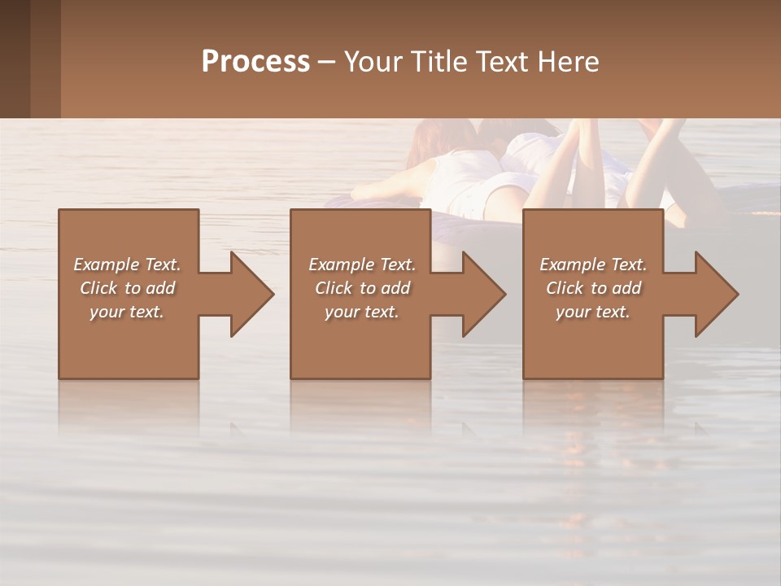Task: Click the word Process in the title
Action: tap(255, 62)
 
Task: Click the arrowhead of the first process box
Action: tap(251, 294)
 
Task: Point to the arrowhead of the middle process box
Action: tap(483, 294)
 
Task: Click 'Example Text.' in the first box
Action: tap(127, 265)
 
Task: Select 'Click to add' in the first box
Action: tap(127, 288)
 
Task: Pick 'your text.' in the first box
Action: tap(127, 312)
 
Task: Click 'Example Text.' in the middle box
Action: tap(362, 265)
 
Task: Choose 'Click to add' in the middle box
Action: tap(362, 288)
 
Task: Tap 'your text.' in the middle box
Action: tap(362, 312)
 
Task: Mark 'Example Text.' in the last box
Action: tap(593, 265)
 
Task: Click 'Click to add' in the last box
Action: tap(593, 288)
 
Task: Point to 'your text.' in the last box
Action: tap(593, 312)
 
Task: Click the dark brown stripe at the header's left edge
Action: tap(15, 59)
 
